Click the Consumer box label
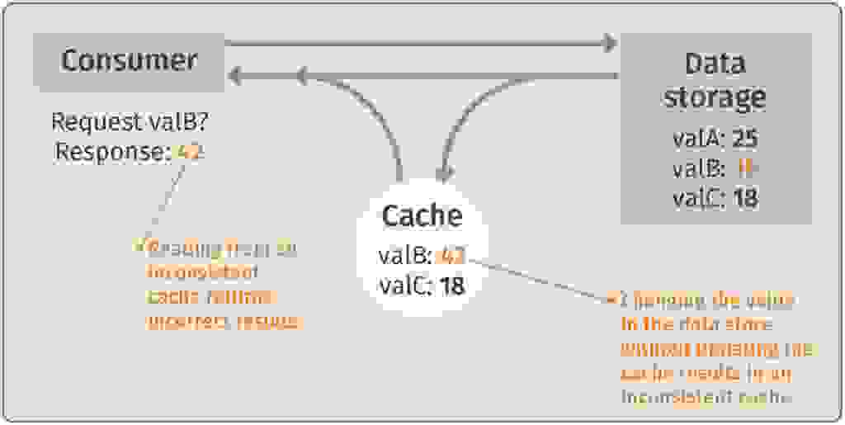pyautogui.click(x=129, y=60)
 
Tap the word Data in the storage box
pyautogui.click(x=715, y=64)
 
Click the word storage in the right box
pyautogui.click(x=715, y=97)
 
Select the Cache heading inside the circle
pyautogui.click(x=421, y=215)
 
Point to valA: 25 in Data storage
pyautogui.click(x=715, y=137)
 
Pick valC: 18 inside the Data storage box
pyautogui.click(x=715, y=198)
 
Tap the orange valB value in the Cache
pyautogui.click(x=452, y=255)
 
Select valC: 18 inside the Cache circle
pyautogui.click(x=421, y=286)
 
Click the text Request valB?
pyautogui.click(x=130, y=122)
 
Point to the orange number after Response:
pyautogui.click(x=190, y=152)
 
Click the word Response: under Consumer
pyautogui.click(x=113, y=152)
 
